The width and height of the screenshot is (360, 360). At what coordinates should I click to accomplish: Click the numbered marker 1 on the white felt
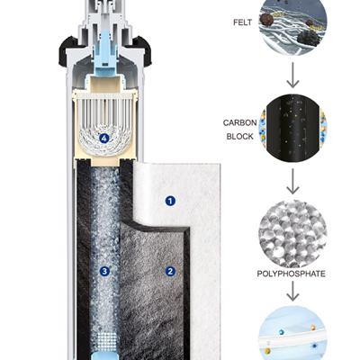pos(170,201)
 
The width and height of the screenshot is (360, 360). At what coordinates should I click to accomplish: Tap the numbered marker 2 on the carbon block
pos(170,272)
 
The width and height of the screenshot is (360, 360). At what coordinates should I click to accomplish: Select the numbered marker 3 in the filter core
pos(104,272)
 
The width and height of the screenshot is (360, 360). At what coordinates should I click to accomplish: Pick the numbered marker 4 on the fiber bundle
pos(103,139)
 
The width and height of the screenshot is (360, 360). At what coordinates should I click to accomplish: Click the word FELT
pos(242,22)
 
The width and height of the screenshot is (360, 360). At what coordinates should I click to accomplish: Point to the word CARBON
pos(239,122)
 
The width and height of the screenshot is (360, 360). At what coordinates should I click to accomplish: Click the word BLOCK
pos(240,137)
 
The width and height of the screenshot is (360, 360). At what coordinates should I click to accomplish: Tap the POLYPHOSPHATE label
pos(292,274)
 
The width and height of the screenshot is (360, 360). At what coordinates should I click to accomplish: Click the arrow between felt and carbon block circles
pos(292,75)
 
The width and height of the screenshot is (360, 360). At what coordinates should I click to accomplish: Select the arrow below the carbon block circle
pos(292,181)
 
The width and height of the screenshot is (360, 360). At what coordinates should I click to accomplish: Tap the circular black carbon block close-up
pos(292,129)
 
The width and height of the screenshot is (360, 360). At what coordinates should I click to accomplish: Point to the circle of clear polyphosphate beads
pos(292,234)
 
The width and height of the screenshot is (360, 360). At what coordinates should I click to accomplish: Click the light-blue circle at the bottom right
pos(292,333)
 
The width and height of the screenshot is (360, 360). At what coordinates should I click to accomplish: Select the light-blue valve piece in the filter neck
pos(104,54)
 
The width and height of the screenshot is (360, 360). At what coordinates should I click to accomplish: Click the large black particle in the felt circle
pos(309,38)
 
